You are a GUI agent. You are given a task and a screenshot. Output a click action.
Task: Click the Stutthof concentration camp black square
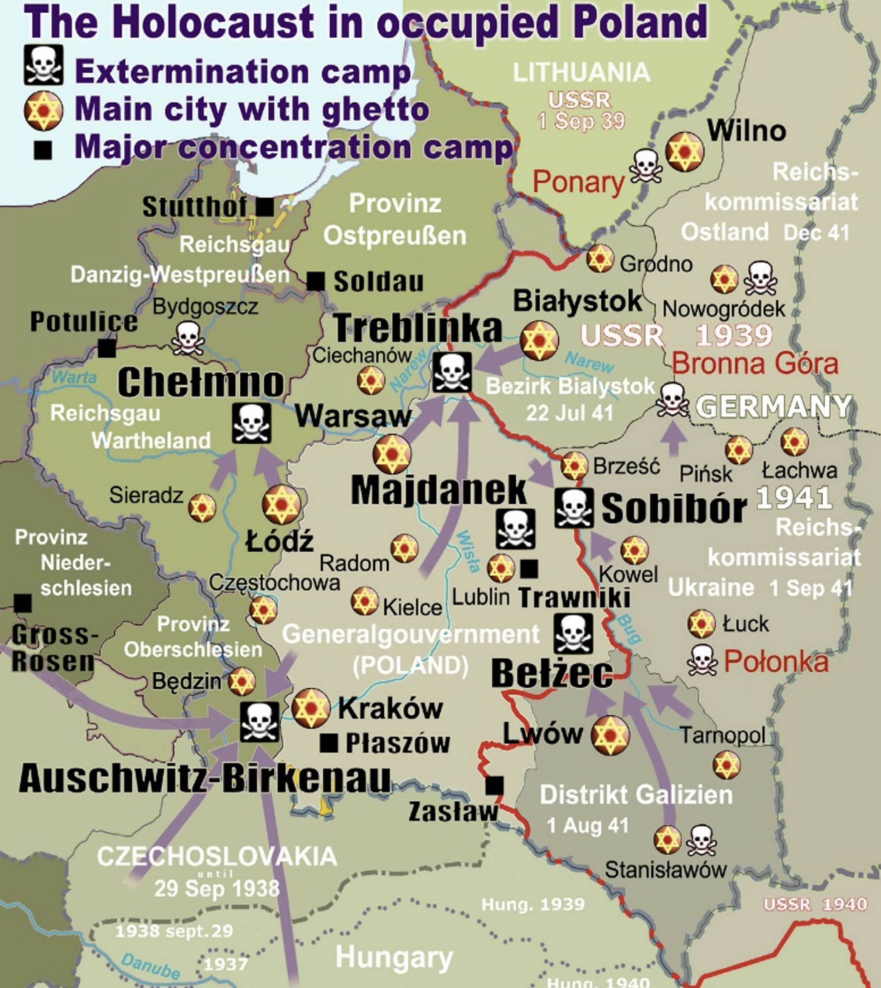(265, 207)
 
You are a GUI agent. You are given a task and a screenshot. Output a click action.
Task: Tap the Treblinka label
(418, 329)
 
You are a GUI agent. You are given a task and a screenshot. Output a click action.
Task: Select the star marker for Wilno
(684, 152)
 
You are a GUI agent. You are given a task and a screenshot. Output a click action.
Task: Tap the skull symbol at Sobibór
(574, 508)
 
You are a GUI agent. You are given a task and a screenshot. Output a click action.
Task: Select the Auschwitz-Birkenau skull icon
(260, 722)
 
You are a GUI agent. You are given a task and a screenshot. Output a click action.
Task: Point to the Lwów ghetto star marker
(610, 736)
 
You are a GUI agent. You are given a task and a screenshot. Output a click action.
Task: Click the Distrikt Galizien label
(636, 795)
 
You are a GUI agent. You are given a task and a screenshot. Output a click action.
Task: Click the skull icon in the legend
(43, 65)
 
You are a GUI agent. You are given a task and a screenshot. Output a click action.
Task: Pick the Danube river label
(151, 966)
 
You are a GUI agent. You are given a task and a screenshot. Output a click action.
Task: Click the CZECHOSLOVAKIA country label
(217, 856)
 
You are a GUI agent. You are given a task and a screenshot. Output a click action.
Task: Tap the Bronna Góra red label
(755, 364)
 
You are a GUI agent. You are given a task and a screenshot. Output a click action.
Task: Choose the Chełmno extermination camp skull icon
(252, 424)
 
